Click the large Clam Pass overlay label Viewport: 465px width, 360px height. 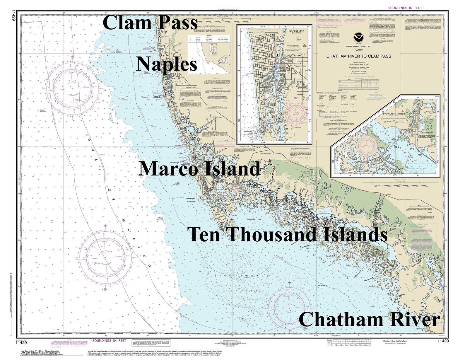(150, 23)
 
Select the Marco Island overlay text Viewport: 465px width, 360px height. (199, 169)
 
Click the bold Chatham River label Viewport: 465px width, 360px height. (370, 320)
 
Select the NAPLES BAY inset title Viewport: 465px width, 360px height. (297, 30)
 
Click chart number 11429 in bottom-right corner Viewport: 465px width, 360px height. (443, 341)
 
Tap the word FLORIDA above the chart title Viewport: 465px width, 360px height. (358, 50)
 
